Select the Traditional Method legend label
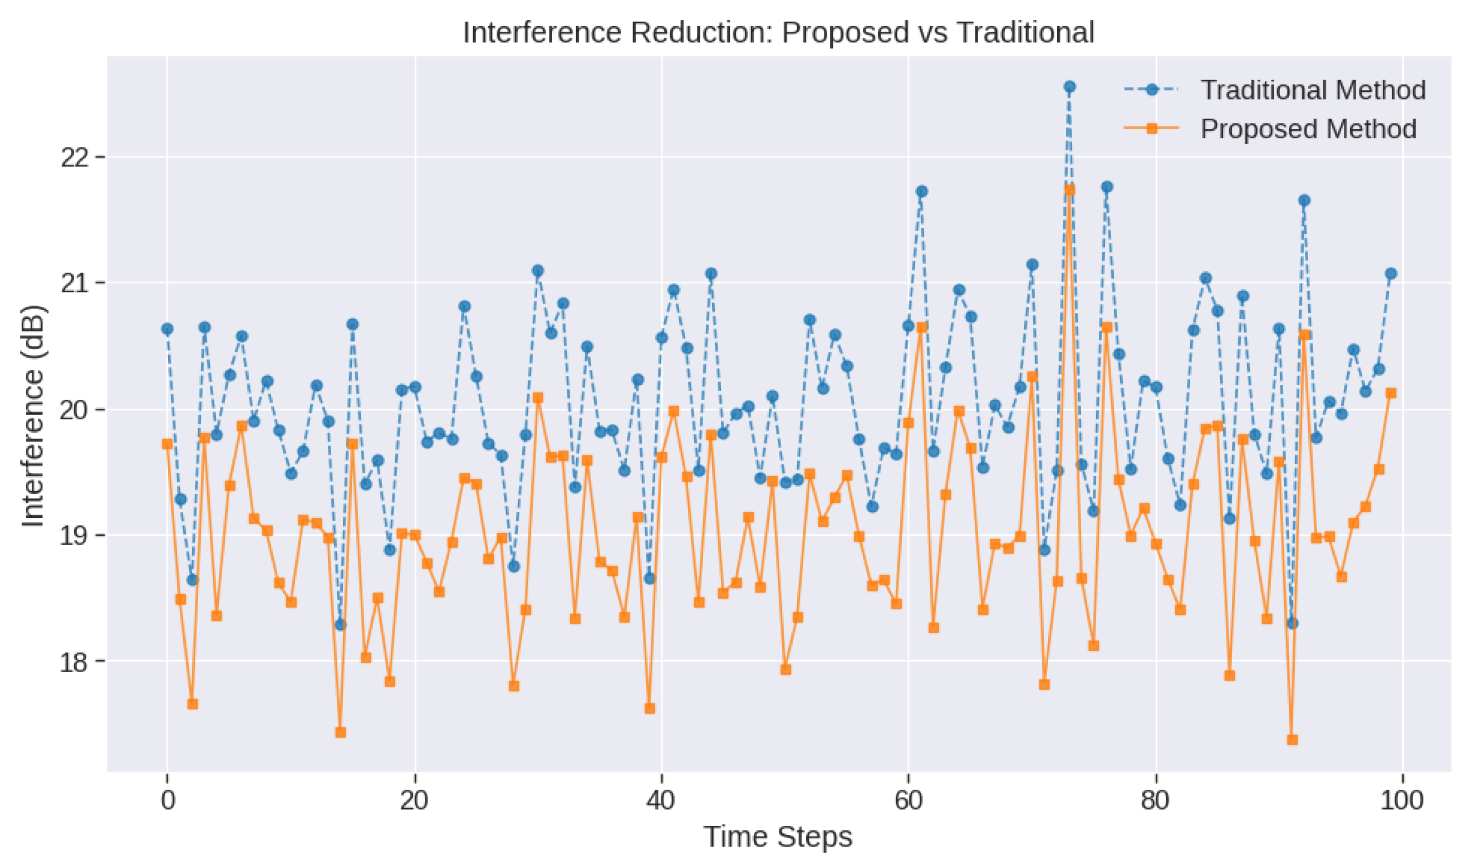1313,90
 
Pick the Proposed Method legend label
1308,129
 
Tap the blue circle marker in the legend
1151,90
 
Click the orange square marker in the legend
1151,129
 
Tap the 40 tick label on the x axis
662,800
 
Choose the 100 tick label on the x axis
1402,800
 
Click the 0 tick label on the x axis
168,800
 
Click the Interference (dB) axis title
33,415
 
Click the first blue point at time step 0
168,329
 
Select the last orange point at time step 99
1391,393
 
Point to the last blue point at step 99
1391,273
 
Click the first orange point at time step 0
168,444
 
